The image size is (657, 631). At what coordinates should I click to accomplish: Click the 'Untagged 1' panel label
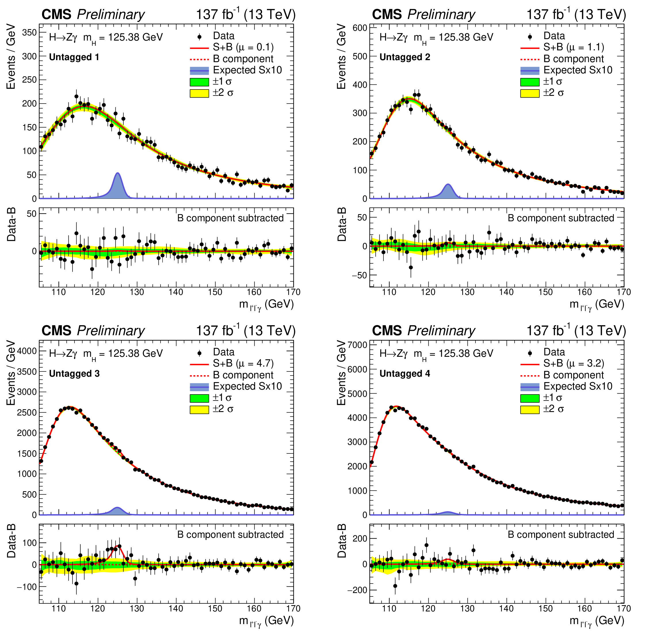click(74, 57)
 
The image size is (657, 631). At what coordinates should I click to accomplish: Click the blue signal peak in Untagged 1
click(118, 186)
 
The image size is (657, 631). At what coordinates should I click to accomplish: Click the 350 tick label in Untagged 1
click(30, 33)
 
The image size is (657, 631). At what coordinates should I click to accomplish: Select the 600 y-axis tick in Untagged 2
click(360, 28)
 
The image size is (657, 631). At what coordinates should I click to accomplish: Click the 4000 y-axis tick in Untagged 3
click(27, 351)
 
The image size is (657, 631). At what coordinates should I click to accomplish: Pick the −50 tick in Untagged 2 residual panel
click(359, 275)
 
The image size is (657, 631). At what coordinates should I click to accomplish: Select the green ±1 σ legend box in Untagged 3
click(199, 398)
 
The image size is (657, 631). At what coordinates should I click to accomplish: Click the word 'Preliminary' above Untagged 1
click(111, 15)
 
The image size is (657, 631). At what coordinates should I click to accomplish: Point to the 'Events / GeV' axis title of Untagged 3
click(11, 373)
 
